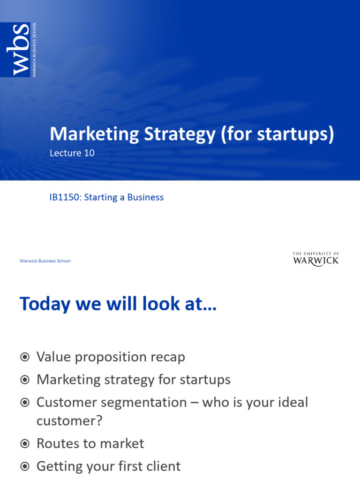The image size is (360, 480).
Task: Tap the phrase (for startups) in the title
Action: coord(277,135)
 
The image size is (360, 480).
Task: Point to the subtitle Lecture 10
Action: coord(72,153)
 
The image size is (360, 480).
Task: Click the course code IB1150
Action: coord(64,197)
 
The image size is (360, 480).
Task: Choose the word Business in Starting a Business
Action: coord(144,197)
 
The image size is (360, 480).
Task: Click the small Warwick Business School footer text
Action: coord(45,261)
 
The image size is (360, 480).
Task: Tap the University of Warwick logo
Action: coord(315,259)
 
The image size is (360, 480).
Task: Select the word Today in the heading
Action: coord(45,304)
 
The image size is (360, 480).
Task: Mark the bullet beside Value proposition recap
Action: coord(25,357)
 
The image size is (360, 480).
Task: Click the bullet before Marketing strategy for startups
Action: coord(25,380)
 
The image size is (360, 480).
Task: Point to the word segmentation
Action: coord(147,402)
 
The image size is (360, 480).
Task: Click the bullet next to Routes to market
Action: coord(25,443)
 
